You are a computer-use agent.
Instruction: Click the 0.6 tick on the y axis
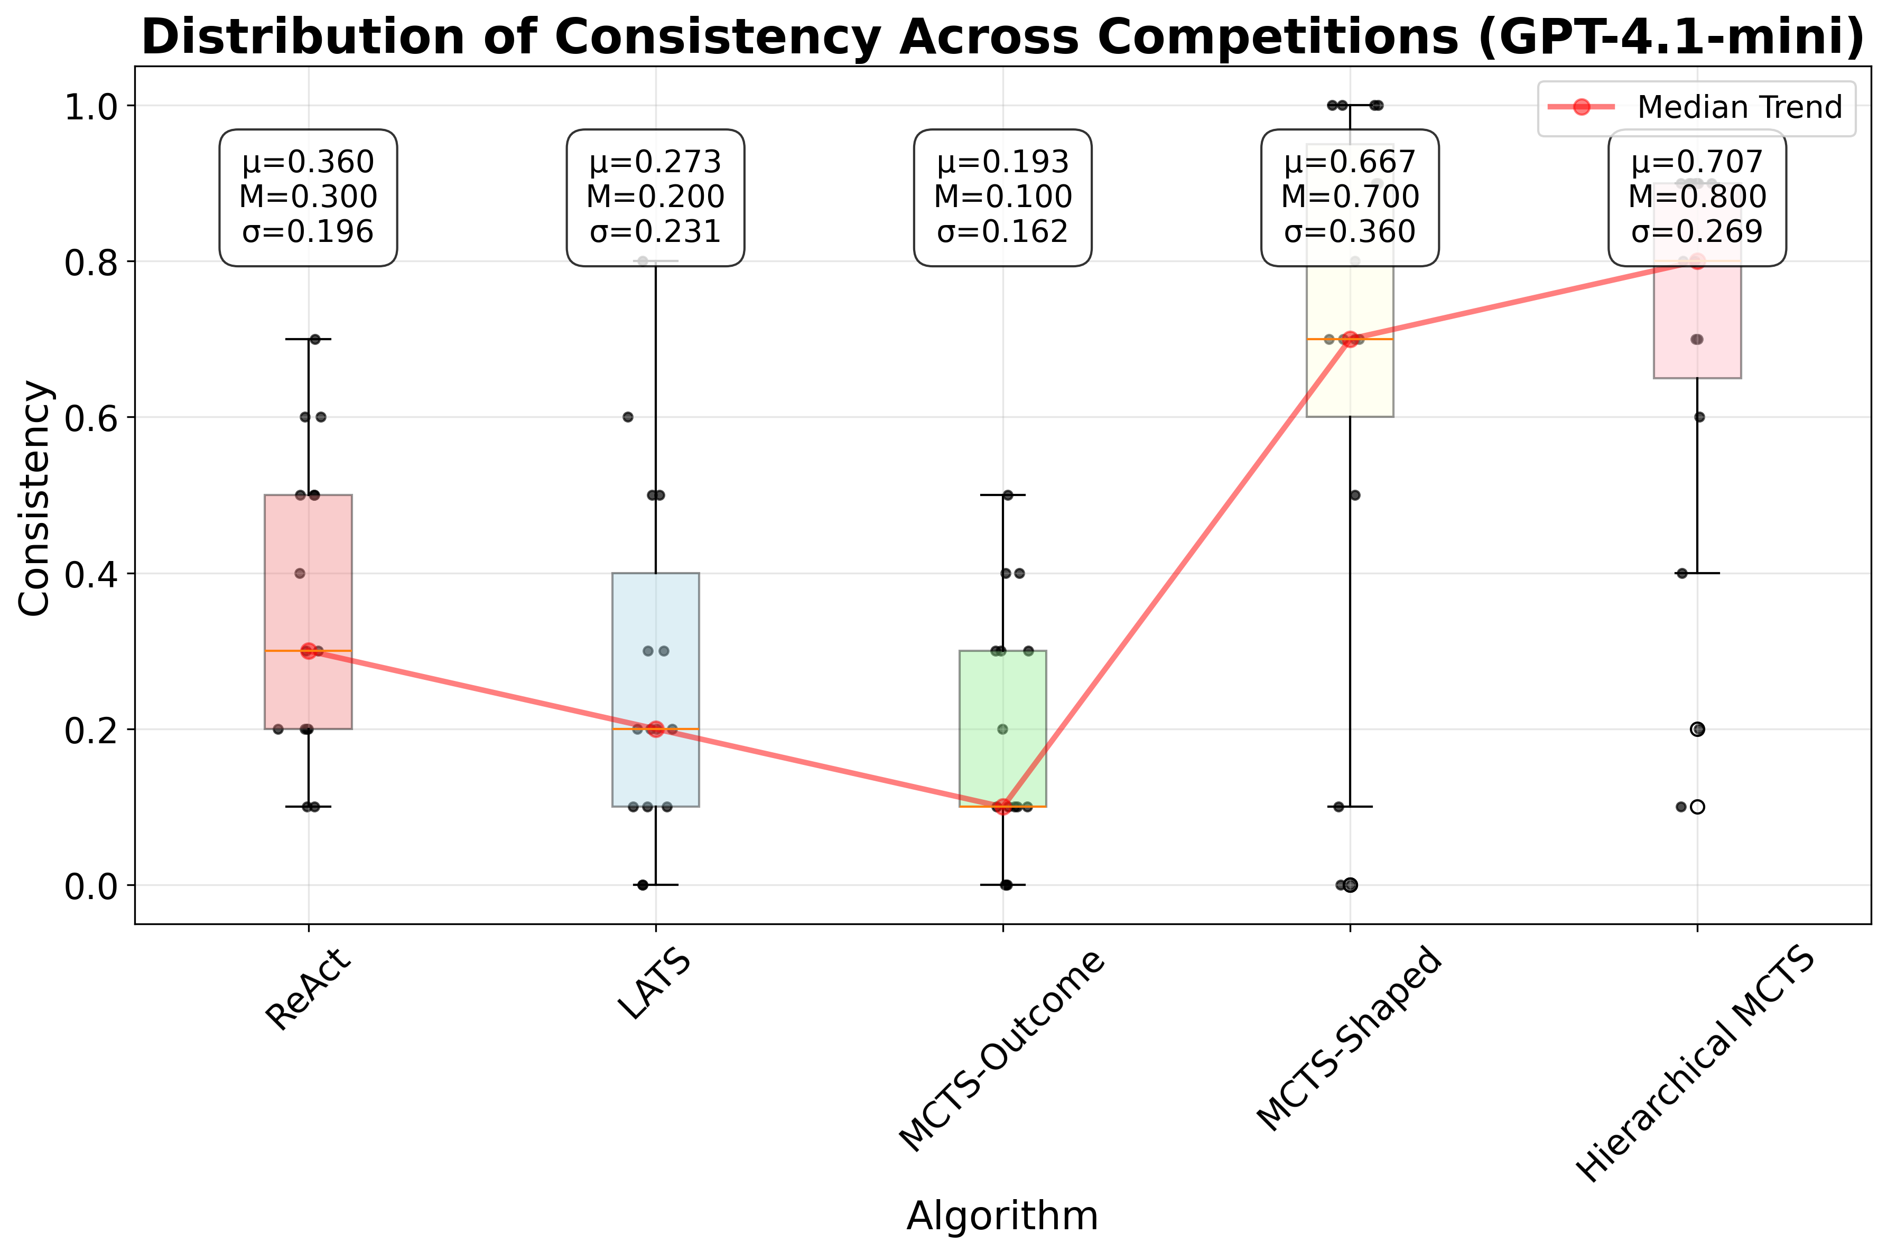pos(89,418)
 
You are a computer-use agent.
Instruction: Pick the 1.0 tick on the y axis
pos(89,106)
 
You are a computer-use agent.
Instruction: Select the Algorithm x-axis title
pos(1002,1216)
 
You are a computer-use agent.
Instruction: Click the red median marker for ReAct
pos(309,651)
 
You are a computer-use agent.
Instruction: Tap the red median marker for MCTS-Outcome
pos(1002,806)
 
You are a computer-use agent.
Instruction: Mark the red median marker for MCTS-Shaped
pos(1350,339)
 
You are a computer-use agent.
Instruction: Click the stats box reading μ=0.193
pos(1002,198)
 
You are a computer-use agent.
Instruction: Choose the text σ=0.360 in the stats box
pos(1350,232)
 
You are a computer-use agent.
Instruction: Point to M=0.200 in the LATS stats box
pos(655,197)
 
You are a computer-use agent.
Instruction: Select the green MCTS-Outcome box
pos(1002,695)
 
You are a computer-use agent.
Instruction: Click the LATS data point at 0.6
pos(628,417)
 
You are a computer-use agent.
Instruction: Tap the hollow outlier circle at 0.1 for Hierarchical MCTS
pos(1698,807)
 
